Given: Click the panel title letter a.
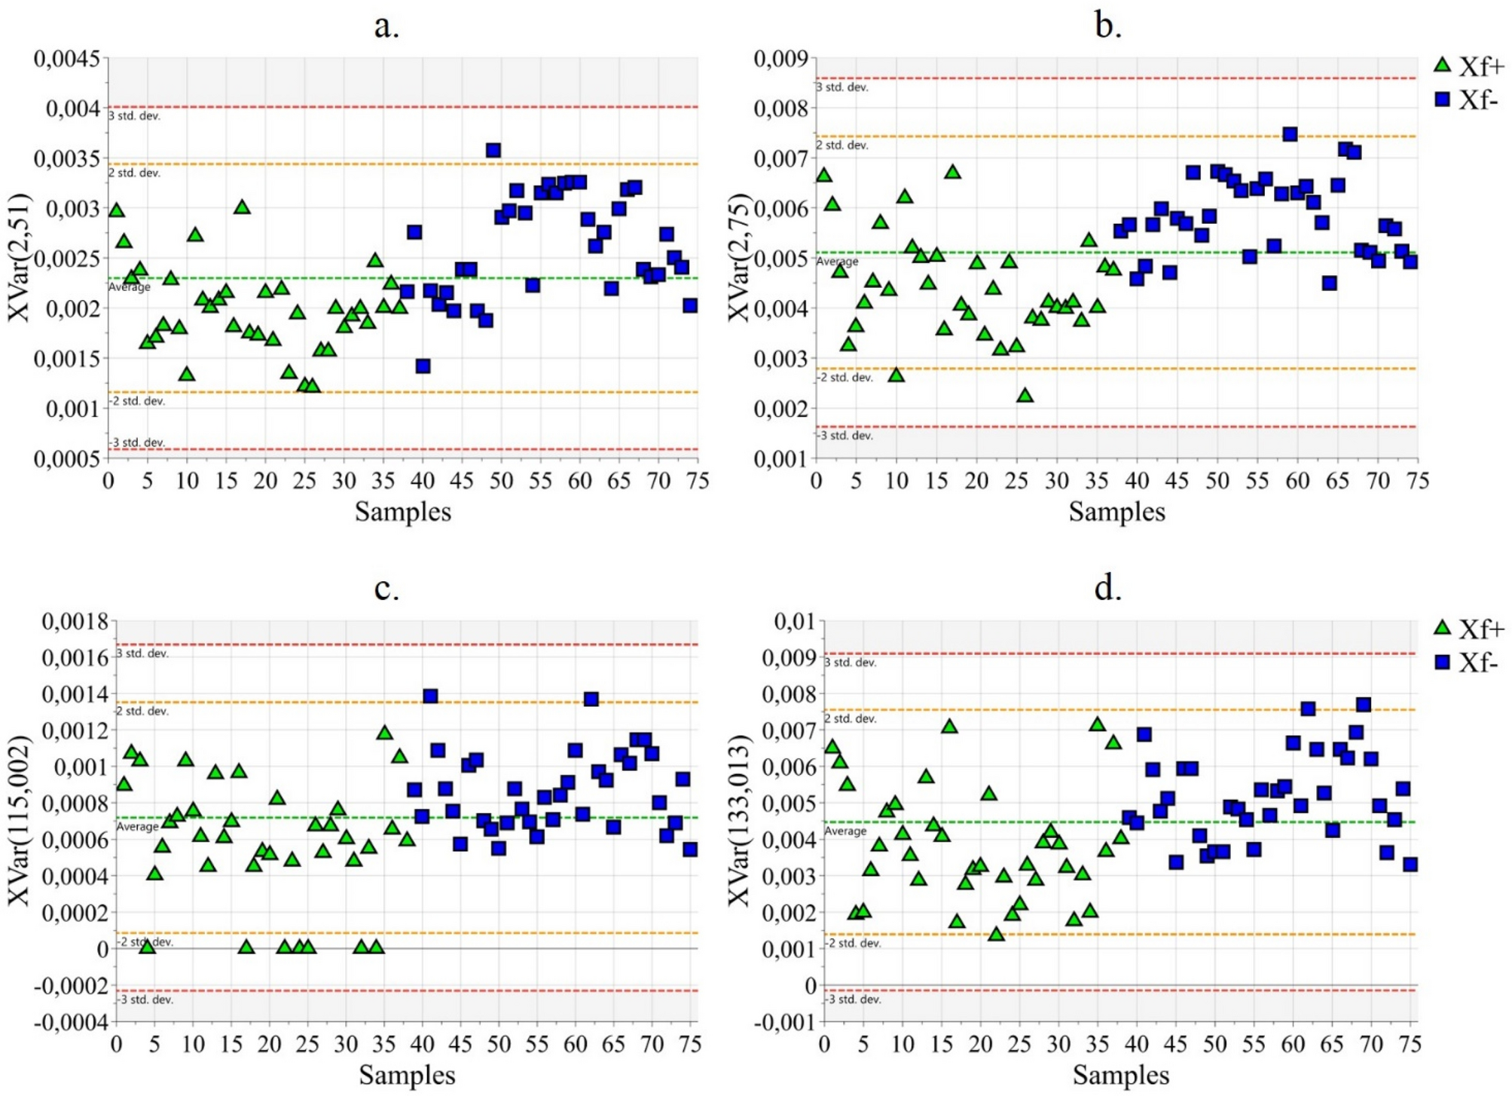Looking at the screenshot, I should [386, 26].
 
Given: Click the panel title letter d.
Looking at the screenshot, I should [1107, 588].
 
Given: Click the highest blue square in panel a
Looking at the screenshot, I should [493, 151].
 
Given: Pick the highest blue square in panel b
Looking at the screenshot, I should [1290, 134].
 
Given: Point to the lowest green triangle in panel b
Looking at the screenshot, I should [1025, 395].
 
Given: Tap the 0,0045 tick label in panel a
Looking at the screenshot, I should [66, 58].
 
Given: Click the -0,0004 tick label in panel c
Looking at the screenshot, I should [71, 1022].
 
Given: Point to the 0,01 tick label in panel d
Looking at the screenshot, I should [794, 622].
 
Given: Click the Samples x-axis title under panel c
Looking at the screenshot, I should [407, 1075].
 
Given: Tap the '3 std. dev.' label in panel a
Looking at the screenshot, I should [134, 116].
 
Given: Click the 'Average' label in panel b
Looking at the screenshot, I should [837, 262].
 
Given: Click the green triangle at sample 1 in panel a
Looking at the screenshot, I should [116, 210].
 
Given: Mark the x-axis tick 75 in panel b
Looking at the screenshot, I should [1417, 481].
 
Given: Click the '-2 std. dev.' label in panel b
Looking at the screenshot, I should [845, 378].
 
